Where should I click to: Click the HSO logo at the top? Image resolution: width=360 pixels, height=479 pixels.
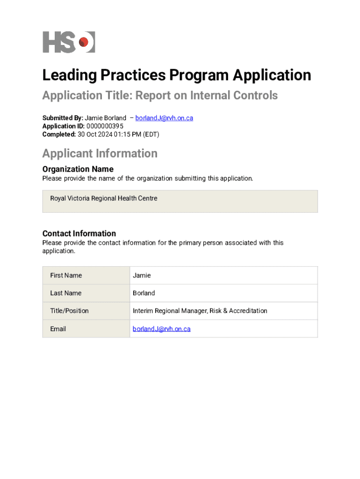click(x=68, y=42)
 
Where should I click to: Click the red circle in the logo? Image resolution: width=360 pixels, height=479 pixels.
click(x=84, y=43)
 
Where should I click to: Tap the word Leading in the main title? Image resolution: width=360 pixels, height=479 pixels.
click(x=67, y=75)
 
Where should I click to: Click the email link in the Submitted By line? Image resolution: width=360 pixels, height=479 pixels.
click(x=164, y=118)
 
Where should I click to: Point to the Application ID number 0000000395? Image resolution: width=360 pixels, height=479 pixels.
click(x=105, y=126)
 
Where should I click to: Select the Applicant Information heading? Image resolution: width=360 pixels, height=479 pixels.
click(x=100, y=153)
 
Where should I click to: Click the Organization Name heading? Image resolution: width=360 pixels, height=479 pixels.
click(x=78, y=169)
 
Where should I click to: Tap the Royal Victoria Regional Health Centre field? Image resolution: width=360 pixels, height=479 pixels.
click(x=180, y=201)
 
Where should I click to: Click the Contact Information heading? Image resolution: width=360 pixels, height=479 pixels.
click(x=79, y=233)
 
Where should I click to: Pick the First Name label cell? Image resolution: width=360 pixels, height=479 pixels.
click(x=86, y=276)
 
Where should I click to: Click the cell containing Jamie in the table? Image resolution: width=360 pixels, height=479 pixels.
click(x=224, y=276)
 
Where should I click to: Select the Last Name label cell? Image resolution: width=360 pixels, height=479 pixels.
click(x=86, y=293)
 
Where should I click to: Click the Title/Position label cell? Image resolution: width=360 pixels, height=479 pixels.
click(x=86, y=311)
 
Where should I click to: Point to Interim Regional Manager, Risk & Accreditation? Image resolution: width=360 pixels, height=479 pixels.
click(x=200, y=311)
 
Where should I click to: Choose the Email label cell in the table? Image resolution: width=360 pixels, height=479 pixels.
click(x=86, y=329)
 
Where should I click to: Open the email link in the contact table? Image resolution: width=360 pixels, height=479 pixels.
click(x=162, y=329)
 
